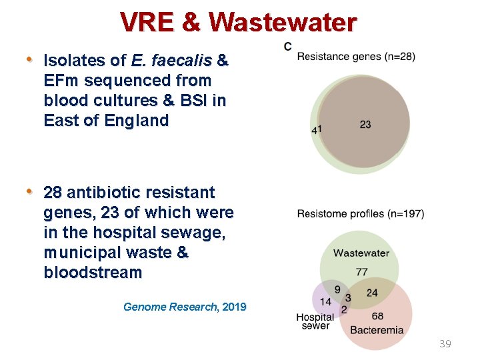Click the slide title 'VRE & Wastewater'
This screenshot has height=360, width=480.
tap(239, 22)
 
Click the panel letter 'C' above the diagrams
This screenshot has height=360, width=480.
tap(287, 46)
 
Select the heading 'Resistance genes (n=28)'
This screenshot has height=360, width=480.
tap(356, 57)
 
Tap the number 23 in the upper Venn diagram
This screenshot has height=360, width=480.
tap(365, 125)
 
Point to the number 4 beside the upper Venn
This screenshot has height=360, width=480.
tap(314, 131)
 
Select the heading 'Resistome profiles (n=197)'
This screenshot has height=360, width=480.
tap(360, 214)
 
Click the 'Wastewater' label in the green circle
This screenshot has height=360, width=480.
tap(361, 253)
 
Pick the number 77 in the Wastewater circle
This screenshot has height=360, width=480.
tap(362, 271)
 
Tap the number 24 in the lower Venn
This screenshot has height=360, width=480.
tap(372, 292)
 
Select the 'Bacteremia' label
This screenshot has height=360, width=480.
tap(377, 330)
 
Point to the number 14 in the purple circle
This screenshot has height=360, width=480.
tap(325, 302)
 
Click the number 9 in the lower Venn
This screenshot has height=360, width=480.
tap(337, 289)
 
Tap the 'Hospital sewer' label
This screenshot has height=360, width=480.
tap(315, 321)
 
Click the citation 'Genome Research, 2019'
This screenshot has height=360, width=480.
tap(185, 307)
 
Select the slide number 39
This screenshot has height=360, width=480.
tap(445, 344)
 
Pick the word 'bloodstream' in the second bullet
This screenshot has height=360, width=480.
tap(93, 273)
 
